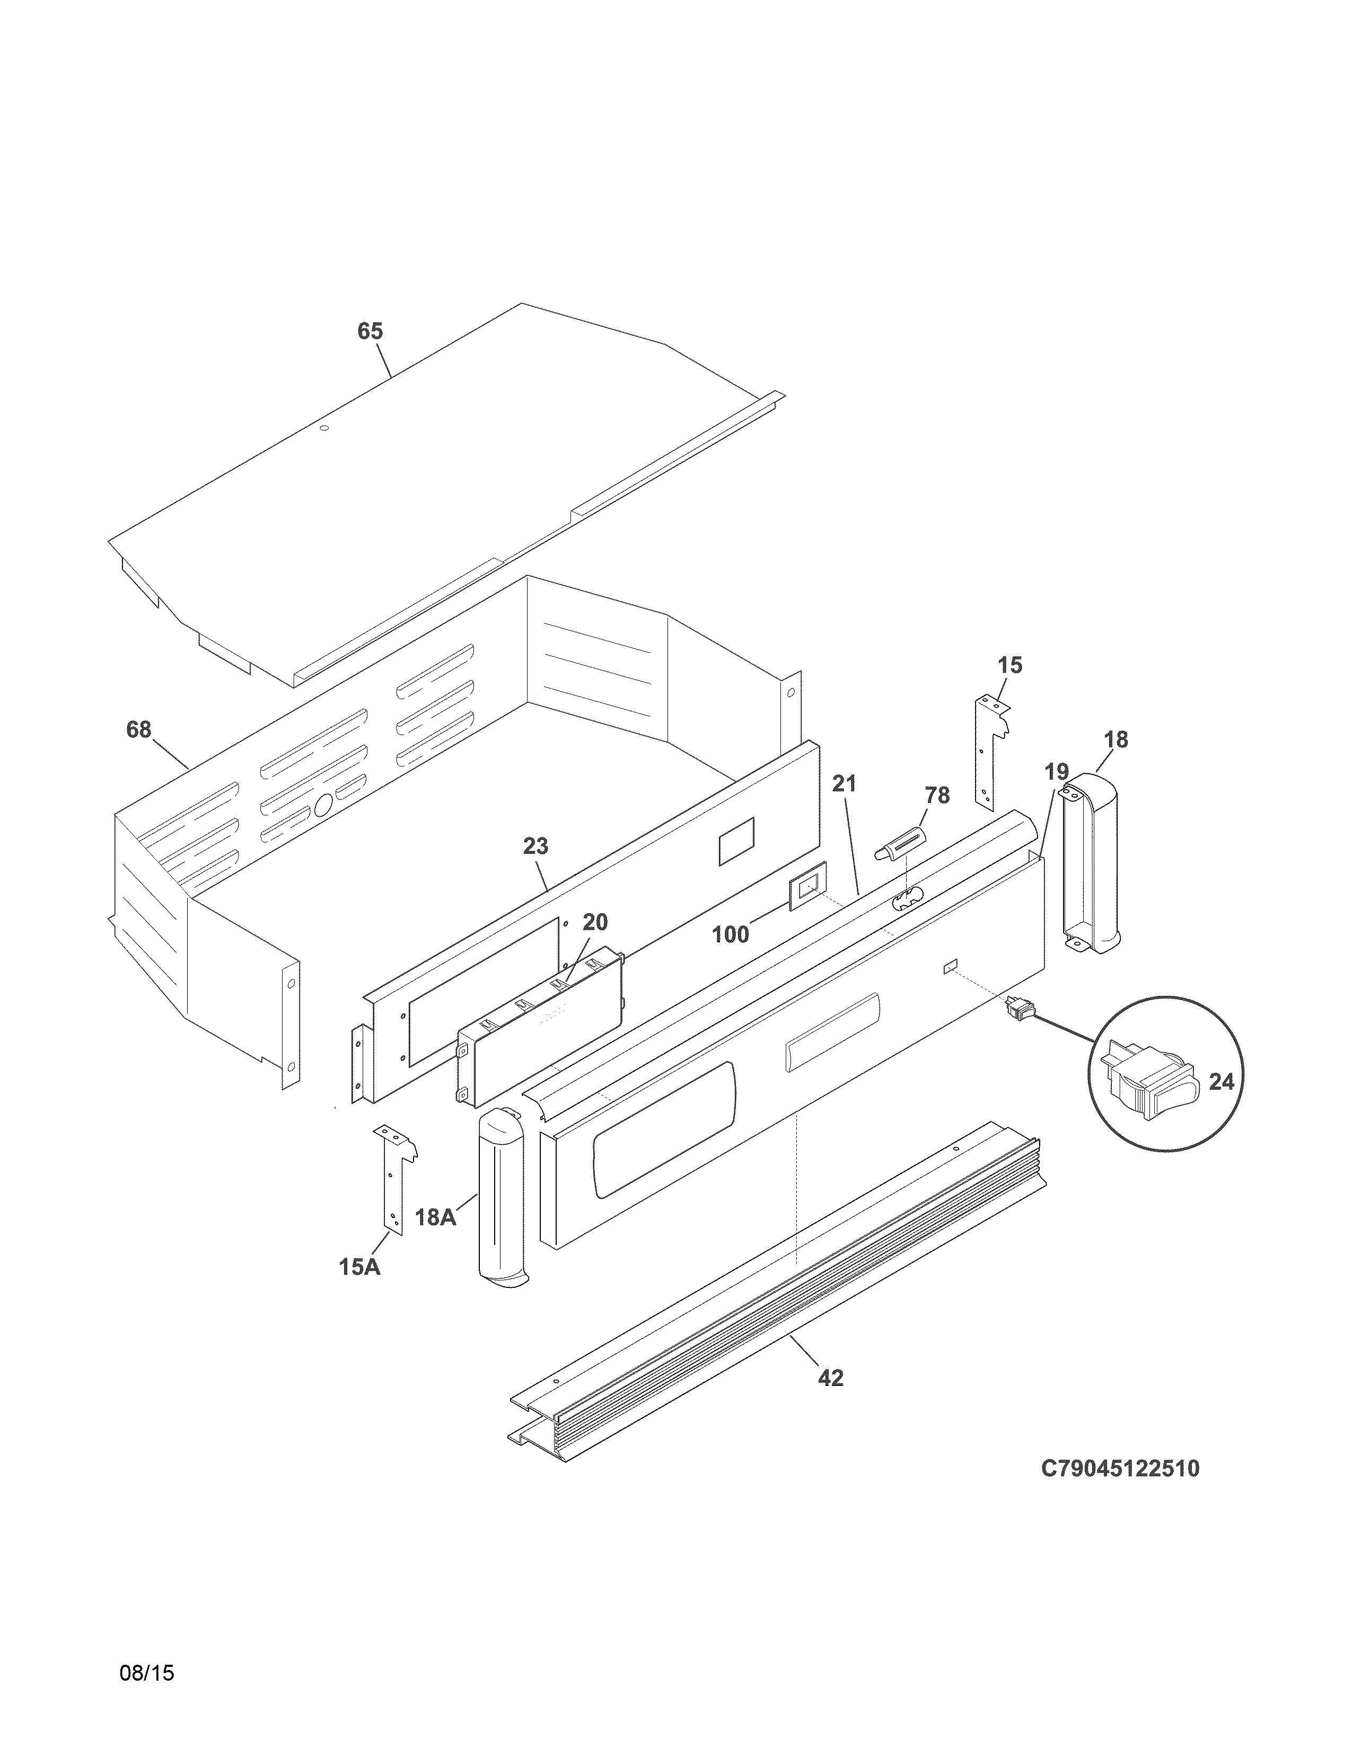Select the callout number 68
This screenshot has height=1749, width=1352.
[138, 730]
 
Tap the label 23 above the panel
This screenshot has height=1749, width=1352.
[536, 846]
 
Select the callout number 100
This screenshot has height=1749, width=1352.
[731, 934]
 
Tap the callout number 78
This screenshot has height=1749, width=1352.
[937, 795]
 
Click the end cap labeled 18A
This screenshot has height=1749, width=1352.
[501, 1201]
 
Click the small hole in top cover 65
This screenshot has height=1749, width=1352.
[324, 428]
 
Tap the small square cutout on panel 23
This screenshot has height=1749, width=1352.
[736, 841]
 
